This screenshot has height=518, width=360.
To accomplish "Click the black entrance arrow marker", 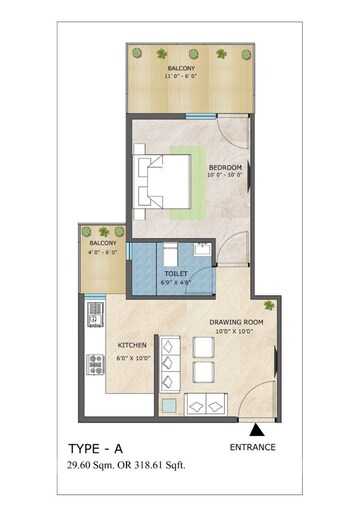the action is tap(257, 430).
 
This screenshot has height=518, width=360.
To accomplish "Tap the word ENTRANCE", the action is tap(253, 447).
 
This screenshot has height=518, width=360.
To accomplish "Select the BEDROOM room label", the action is tap(225, 167).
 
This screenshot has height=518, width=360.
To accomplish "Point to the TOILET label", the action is tap(176, 274).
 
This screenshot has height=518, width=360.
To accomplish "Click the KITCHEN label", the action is tap(132, 345).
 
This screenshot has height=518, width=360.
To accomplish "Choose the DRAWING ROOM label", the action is tap(236, 322).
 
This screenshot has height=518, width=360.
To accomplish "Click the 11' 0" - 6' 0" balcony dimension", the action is tap(181, 76).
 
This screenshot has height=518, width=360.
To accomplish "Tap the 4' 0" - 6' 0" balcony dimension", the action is tap(102, 252).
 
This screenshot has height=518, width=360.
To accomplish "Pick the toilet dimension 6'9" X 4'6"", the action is tap(176, 283).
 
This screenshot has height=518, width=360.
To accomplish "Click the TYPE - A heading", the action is tap(96, 449).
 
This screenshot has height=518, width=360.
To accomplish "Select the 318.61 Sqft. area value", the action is tap(160, 465).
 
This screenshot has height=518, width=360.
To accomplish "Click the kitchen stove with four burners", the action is tap(95, 364).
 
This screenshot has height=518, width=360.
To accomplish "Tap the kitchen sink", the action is tap(95, 315).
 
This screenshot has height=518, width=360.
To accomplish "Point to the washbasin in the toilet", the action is tap(202, 249).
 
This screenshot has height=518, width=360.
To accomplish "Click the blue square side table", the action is tap(169, 406).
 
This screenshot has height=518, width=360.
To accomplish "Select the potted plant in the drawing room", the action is tap(269, 305).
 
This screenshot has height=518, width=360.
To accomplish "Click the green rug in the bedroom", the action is tap(187, 183).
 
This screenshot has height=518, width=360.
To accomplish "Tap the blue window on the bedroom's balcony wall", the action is tap(201, 116).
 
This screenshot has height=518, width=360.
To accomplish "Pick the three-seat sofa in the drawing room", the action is tap(170, 364).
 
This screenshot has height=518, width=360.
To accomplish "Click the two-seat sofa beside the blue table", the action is tap(206, 404).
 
